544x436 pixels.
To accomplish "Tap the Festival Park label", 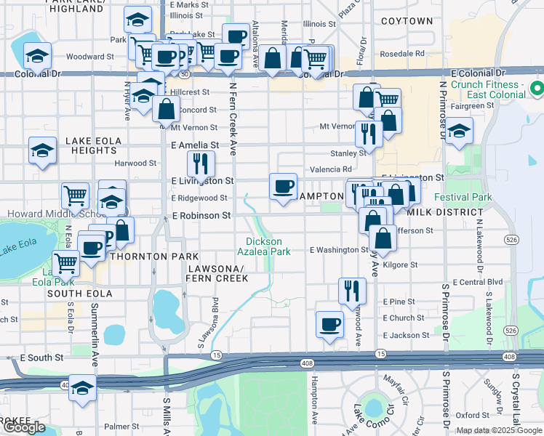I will [463, 197].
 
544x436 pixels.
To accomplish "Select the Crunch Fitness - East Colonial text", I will [487, 90].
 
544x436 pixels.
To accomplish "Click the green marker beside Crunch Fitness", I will [537, 89].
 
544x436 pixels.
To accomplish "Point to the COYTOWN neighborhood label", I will [406, 21].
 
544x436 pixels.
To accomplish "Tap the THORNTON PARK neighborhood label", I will [154, 257].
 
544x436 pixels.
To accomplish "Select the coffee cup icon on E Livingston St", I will [282, 186].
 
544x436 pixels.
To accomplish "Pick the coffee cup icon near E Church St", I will [329, 323].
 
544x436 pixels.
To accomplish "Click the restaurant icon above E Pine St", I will [351, 290].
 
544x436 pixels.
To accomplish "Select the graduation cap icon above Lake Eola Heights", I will [42, 150].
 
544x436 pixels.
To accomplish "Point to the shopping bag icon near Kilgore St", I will [383, 238].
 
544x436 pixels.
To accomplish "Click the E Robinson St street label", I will [201, 216].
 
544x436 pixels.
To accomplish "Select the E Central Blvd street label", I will [477, 282].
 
